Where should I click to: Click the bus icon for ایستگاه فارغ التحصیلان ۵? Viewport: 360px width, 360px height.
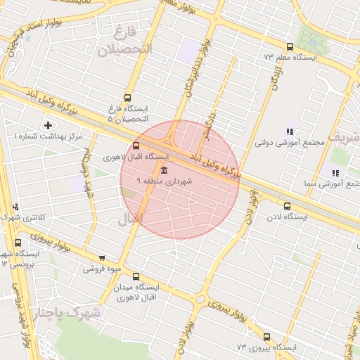pos(127,98)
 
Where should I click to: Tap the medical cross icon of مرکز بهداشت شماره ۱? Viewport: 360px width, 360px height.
pos(48,125)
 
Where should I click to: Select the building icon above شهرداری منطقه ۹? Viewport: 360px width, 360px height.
pos(164,171)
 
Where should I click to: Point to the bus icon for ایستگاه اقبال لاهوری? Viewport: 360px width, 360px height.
pos(135,146)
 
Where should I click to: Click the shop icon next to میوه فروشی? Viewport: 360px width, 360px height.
pos(103,258)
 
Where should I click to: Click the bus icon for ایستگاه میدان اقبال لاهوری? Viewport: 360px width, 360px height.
pos(136,276)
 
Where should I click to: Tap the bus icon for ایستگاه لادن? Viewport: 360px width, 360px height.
pos(287,206)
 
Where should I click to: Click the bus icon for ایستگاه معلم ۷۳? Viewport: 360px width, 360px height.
pos(290,46)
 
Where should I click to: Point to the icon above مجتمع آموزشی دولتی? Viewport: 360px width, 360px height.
pos(290,131)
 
